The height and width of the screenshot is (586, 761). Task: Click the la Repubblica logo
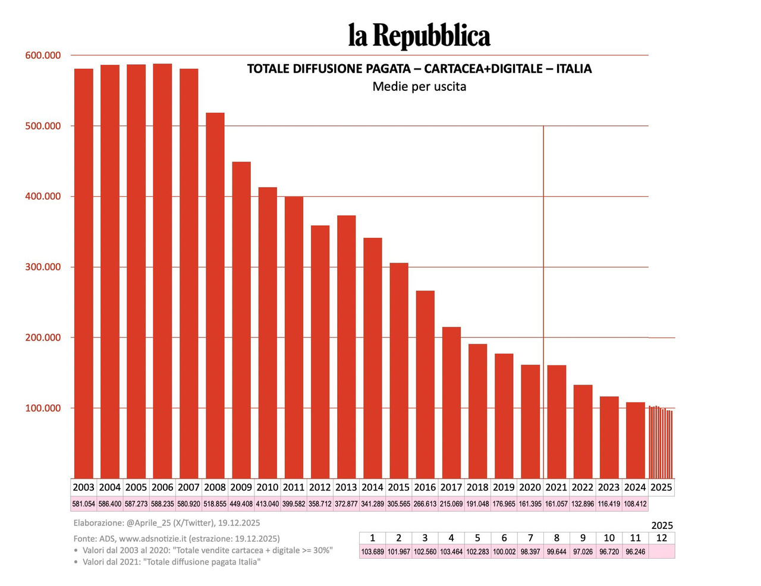point(419,36)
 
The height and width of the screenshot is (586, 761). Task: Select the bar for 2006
point(162,270)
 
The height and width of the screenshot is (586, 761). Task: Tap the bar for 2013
point(346,346)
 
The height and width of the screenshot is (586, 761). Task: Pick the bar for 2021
point(556,421)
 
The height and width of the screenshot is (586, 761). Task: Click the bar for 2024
point(635,440)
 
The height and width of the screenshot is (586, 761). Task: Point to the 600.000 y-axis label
point(43,55)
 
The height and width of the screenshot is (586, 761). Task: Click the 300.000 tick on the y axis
point(43,267)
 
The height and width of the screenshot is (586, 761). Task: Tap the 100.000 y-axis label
point(43,408)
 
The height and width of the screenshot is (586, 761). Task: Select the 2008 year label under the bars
point(215,487)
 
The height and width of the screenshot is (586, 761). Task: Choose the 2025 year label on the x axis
point(661,487)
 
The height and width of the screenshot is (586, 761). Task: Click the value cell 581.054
point(84,504)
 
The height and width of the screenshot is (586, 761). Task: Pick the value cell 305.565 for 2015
point(398,504)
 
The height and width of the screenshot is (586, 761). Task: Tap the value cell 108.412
point(635,504)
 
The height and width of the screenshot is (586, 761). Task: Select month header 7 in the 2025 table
point(530,538)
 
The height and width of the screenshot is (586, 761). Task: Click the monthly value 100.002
point(504,552)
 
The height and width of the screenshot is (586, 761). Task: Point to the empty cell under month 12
point(662,552)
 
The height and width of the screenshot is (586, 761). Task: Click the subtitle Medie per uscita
point(419,87)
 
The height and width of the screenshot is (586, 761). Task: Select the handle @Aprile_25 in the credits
point(150,523)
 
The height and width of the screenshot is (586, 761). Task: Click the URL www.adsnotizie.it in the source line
point(153,538)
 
